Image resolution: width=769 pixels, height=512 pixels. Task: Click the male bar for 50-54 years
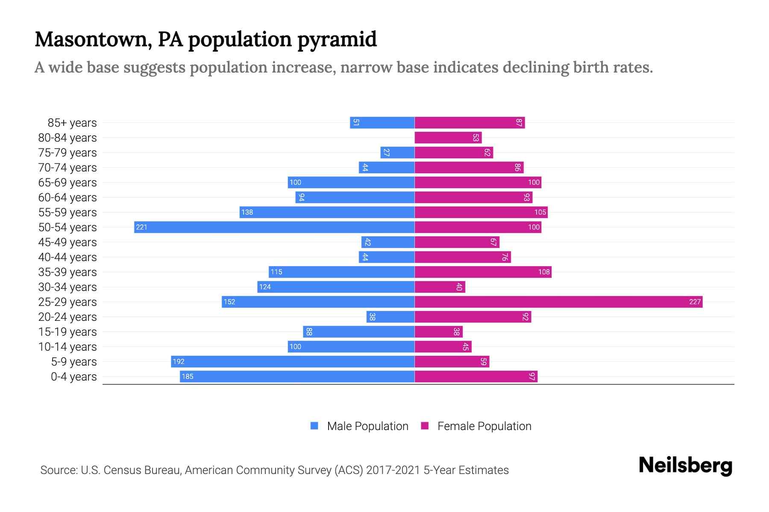pyautogui.click(x=274, y=227)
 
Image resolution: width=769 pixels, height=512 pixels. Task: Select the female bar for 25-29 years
pyautogui.click(x=558, y=302)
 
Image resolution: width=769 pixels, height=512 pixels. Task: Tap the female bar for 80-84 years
pyautogui.click(x=448, y=137)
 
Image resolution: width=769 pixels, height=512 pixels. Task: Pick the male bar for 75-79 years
pyautogui.click(x=397, y=152)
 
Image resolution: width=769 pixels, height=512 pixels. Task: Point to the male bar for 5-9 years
pyautogui.click(x=293, y=361)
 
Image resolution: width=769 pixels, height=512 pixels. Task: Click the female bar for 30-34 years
pyautogui.click(x=440, y=287)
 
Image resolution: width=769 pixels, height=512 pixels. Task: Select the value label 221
pyautogui.click(x=141, y=227)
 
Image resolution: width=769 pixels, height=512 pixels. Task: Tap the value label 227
pyautogui.click(x=695, y=302)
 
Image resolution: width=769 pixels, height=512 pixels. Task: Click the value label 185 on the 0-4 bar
pyautogui.click(x=188, y=376)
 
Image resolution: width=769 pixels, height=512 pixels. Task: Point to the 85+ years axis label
pyautogui.click(x=72, y=123)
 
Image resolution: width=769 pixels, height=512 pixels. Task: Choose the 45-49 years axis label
pyautogui.click(x=68, y=242)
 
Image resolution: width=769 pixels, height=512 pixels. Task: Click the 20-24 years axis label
pyautogui.click(x=68, y=317)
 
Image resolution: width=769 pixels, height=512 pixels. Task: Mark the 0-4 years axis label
pyautogui.click(x=73, y=377)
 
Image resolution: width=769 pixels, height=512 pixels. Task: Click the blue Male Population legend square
pyautogui.click(x=314, y=426)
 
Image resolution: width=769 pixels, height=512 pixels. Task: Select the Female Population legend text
pyautogui.click(x=484, y=426)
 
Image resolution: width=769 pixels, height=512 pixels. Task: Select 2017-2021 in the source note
pyautogui.click(x=393, y=470)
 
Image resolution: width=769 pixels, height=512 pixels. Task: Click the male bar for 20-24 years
pyautogui.click(x=390, y=317)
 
